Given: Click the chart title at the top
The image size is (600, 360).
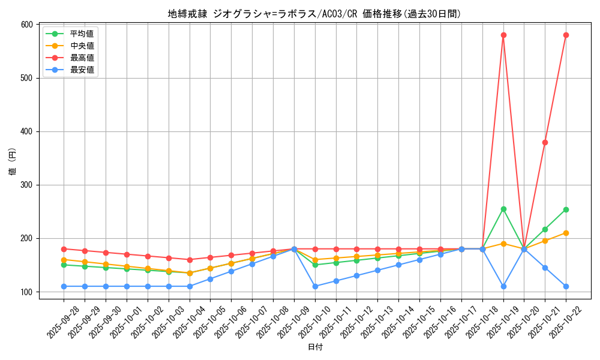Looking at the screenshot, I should pyautogui.click(x=314, y=14).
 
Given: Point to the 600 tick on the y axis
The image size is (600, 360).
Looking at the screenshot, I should pyautogui.click(x=26, y=25).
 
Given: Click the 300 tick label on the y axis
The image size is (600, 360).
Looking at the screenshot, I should pyautogui.click(x=26, y=185).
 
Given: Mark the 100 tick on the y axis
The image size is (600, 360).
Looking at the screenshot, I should pyautogui.click(x=26, y=292).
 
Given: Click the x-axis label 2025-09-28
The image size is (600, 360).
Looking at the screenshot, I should pyautogui.click(x=62, y=321).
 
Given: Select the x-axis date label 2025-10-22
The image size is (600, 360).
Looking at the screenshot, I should pyautogui.click(x=565, y=321).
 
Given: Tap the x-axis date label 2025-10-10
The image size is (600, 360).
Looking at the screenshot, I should pyautogui.click(x=314, y=321).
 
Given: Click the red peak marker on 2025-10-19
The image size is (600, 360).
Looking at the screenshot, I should pyautogui.click(x=503, y=35).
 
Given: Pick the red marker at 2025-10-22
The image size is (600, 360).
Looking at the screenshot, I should pyautogui.click(x=566, y=35).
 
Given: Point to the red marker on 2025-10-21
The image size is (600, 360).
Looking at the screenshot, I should pyautogui.click(x=545, y=142).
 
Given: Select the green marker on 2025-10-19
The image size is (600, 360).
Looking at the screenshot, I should pyautogui.click(x=503, y=209).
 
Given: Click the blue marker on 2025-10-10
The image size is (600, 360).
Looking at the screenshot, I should pyautogui.click(x=315, y=286).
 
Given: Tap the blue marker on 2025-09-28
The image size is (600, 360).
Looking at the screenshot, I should pyautogui.click(x=64, y=286).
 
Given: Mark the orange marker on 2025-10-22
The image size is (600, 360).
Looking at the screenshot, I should pyautogui.click(x=566, y=233).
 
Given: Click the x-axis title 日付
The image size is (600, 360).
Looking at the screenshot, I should pyautogui.click(x=314, y=347).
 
